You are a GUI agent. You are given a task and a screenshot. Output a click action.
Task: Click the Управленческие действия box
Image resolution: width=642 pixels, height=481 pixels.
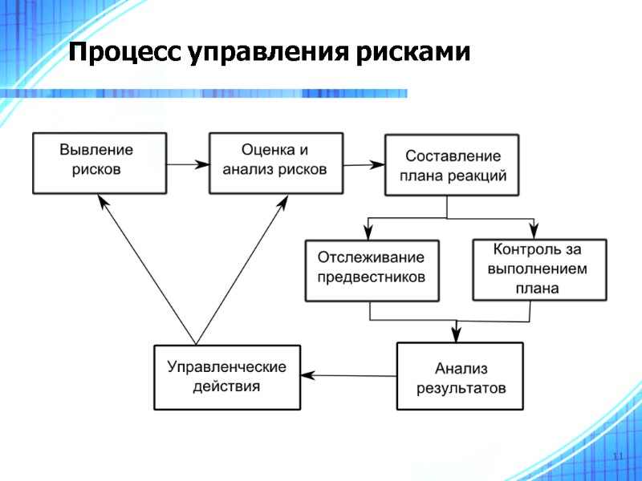click(227, 377)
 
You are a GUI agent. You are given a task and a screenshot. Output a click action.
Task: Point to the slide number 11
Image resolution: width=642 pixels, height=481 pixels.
click(617, 456)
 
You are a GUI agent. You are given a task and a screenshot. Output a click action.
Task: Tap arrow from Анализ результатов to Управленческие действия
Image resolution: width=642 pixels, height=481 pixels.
click(348, 374)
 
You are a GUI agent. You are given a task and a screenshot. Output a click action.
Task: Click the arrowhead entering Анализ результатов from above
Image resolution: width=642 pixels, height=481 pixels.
click(457, 336)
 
